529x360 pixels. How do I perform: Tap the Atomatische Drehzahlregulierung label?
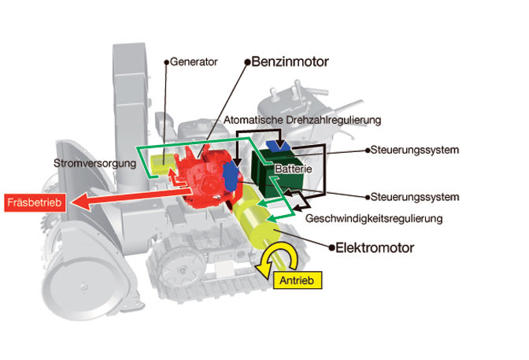point(302,120)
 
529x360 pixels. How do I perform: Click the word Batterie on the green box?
point(294,169)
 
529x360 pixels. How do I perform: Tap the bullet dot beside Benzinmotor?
point(246,61)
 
